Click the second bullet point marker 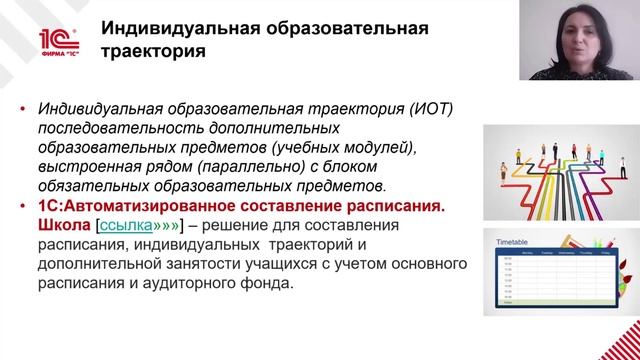[x=23, y=206]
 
